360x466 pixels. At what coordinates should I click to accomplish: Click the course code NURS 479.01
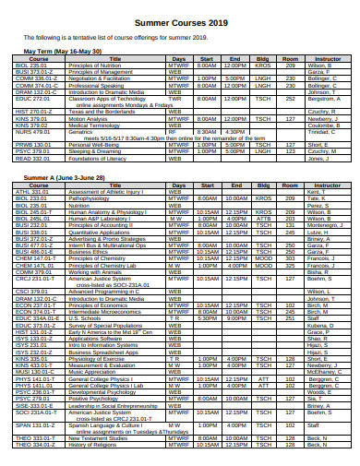32,131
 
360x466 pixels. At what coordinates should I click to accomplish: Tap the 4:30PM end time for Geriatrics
235,131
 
